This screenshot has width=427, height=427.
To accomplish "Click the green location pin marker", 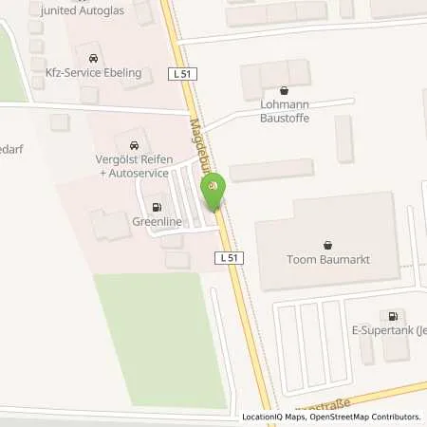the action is tap(214, 188).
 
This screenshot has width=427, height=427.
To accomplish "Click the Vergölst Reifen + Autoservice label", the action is tap(133, 167).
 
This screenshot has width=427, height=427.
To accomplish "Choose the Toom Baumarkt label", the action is tap(328, 260).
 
